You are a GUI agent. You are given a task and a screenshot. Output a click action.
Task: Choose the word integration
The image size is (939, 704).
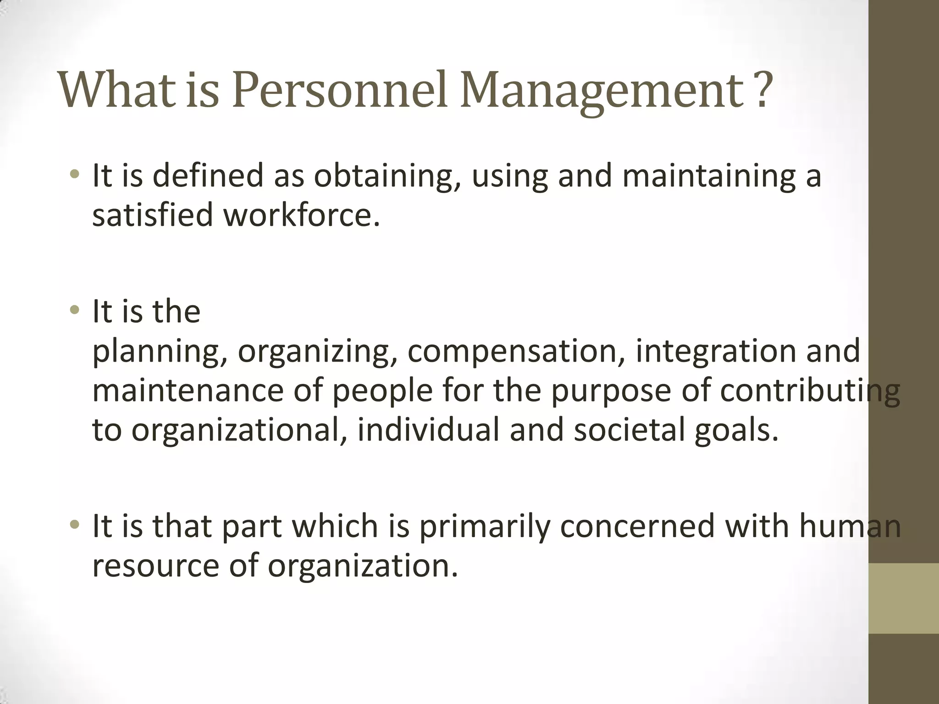click(x=715, y=352)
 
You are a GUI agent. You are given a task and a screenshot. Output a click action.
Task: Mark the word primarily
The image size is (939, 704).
click(x=484, y=526)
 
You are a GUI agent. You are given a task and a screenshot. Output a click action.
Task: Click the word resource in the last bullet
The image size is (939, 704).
click(x=156, y=566)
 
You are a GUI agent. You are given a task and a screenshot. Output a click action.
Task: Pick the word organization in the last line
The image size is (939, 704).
click(x=363, y=566)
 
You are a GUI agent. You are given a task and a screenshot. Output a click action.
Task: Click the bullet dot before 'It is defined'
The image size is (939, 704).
click(x=75, y=175)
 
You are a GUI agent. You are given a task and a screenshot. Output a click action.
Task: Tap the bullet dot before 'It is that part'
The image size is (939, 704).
click(x=75, y=524)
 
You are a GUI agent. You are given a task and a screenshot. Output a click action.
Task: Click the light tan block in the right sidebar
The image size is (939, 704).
click(x=904, y=598)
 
